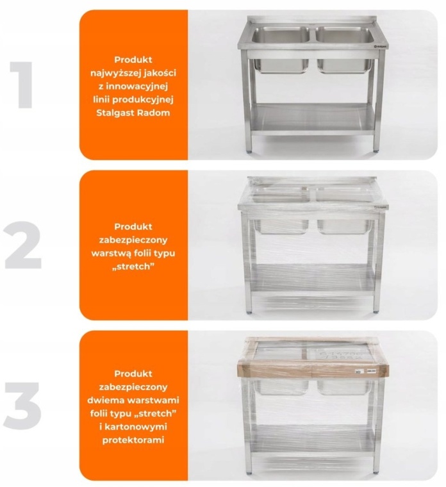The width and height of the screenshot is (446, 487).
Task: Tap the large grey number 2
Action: pyautogui.click(x=22, y=245)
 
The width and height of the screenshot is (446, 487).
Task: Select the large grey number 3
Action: pyautogui.click(x=22, y=406)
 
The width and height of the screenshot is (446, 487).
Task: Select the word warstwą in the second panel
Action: pyautogui.click(x=111, y=254)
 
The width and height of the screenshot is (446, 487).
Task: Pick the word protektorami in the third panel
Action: pyautogui.click(x=133, y=440)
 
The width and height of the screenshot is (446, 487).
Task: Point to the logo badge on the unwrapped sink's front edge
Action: pyautogui.click(x=379, y=47)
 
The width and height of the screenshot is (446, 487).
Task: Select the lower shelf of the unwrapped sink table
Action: pyautogui.click(x=312, y=119)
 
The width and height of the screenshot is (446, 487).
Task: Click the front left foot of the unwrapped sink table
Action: pyautogui.click(x=249, y=152)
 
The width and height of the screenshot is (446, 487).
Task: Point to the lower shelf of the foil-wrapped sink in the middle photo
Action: pyautogui.click(x=313, y=278)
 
